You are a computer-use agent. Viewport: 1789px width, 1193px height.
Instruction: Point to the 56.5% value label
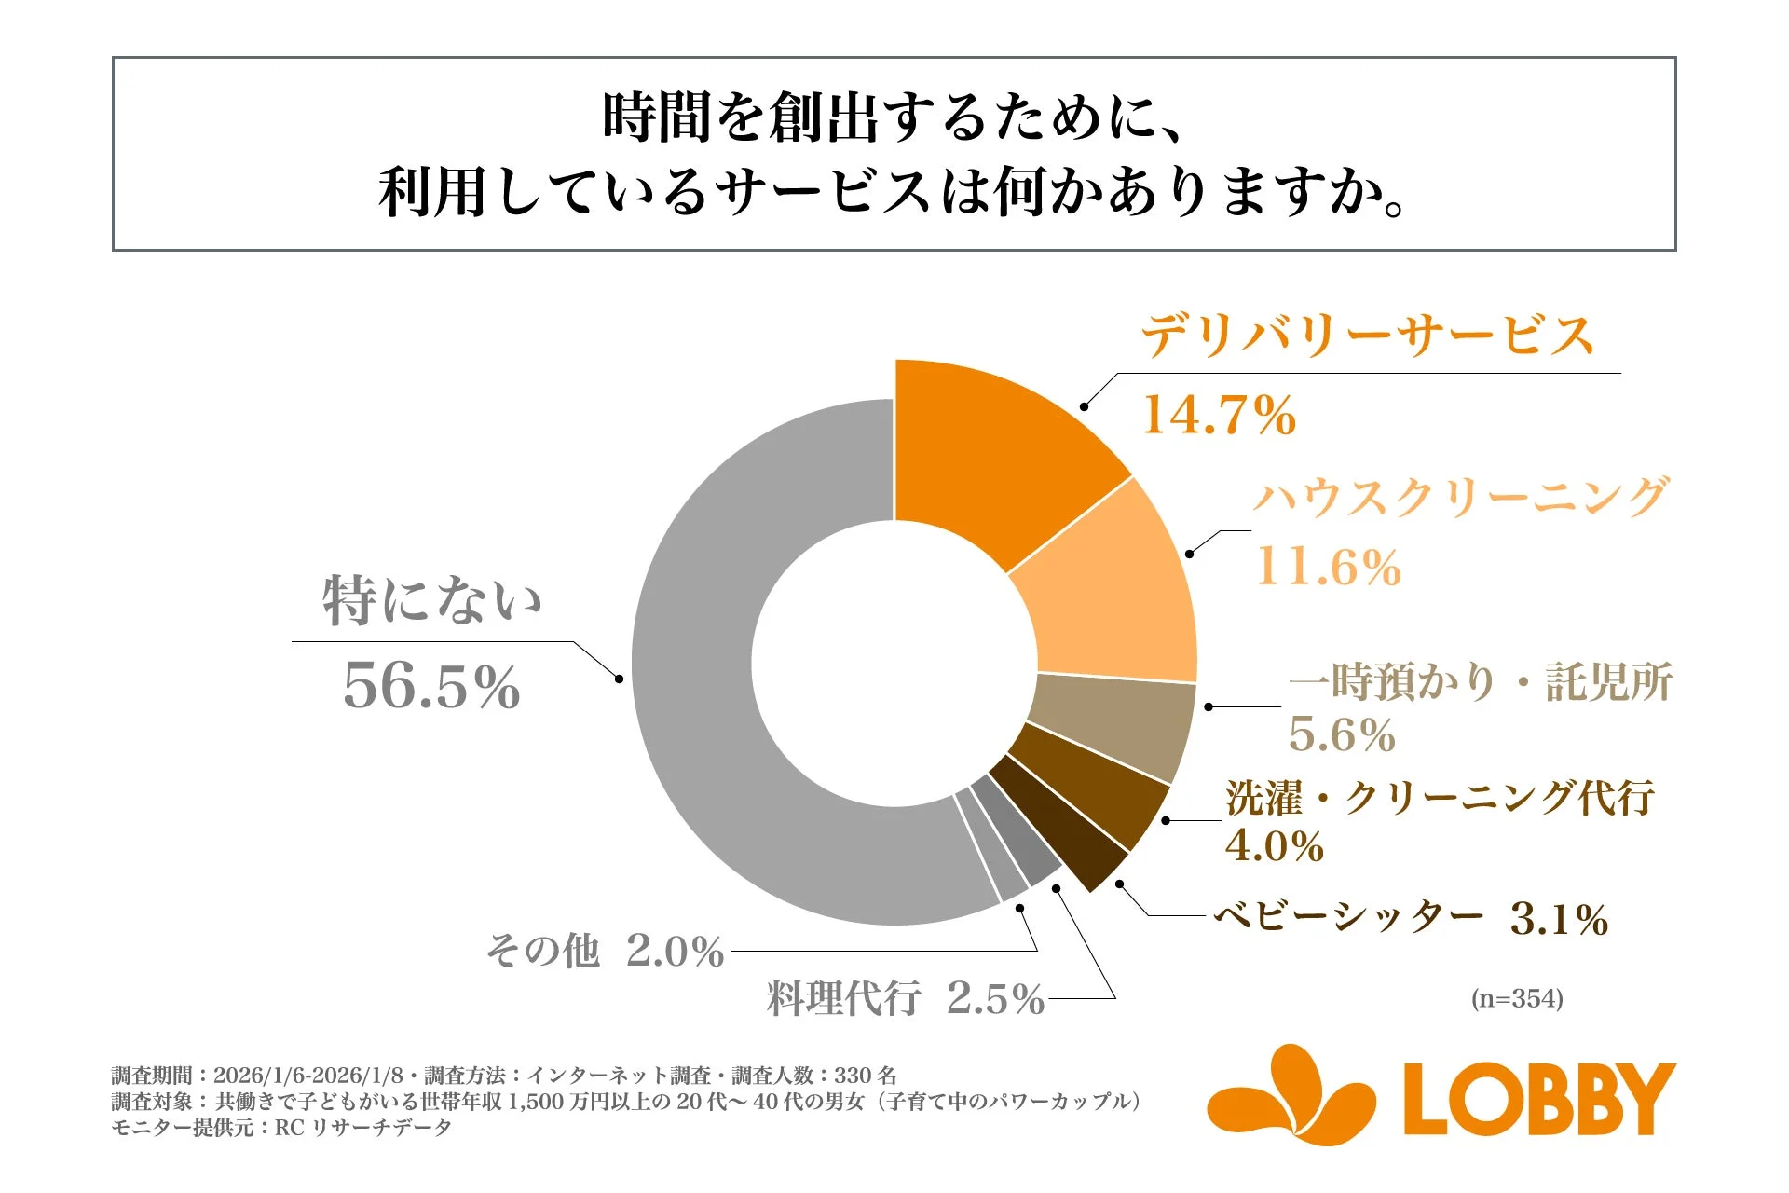[431, 687]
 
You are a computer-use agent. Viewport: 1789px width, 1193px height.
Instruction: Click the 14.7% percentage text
[1219, 416]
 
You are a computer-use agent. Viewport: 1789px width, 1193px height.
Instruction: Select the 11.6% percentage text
[1328, 567]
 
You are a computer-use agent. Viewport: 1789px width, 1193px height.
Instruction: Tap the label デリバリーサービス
[1367, 336]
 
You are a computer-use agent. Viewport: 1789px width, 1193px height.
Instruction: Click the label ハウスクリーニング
[1459, 497]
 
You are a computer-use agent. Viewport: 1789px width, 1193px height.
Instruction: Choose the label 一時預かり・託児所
[1481, 682]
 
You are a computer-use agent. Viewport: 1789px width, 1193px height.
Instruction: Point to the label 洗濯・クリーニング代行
[1440, 799]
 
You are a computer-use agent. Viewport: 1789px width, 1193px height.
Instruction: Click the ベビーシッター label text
[1349, 917]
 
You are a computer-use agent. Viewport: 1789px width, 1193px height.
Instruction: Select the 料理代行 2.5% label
[904, 998]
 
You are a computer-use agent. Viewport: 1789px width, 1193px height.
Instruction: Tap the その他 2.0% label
[604, 951]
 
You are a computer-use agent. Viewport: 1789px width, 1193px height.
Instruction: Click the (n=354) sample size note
[1517, 999]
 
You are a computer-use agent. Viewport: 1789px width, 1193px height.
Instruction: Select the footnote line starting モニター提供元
[281, 1128]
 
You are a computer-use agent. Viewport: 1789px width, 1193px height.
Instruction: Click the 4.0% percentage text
[1274, 846]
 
